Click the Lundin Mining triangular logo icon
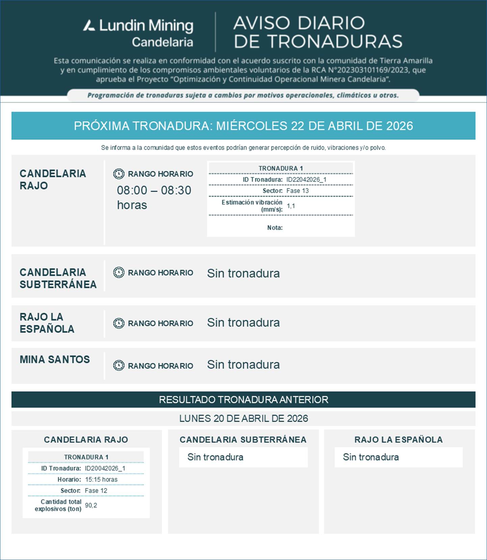point(89,26)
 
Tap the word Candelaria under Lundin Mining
point(162,42)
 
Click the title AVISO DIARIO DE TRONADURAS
point(317,32)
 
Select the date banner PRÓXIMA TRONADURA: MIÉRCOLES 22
point(243,126)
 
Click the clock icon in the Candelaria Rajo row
point(119,174)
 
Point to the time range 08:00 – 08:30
point(154,190)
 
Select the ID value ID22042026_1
point(306,179)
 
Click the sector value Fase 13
point(298,190)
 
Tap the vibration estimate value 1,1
point(291,206)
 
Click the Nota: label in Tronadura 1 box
point(275,228)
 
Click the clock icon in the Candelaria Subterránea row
point(119,272)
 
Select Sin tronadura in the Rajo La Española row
point(243,323)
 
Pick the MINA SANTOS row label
point(55,359)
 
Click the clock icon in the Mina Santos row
point(119,365)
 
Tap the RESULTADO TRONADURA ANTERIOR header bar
point(243,400)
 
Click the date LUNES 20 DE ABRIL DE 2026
point(243,418)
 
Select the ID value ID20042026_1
point(105,468)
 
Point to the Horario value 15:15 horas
point(101,479)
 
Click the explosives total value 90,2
point(91,505)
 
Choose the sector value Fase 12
point(96,490)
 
